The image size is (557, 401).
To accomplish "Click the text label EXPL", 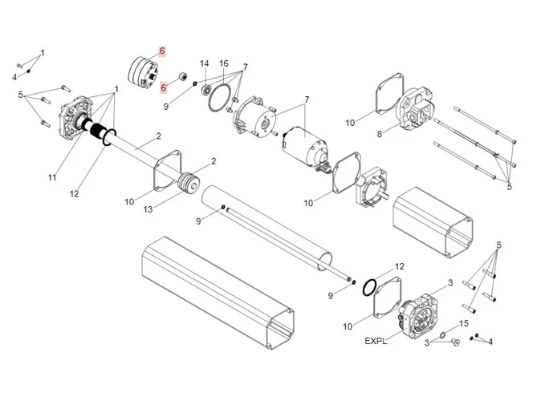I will (375, 340).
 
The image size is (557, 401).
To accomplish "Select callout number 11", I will (52, 177).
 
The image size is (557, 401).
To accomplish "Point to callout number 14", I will (204, 63).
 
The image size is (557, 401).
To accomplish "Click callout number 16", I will (224, 63).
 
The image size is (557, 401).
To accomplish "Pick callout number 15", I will (463, 323).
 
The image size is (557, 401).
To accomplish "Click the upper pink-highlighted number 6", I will (161, 51).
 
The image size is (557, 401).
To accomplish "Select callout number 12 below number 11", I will (75, 193).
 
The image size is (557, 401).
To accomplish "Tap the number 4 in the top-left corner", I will (14, 77).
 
